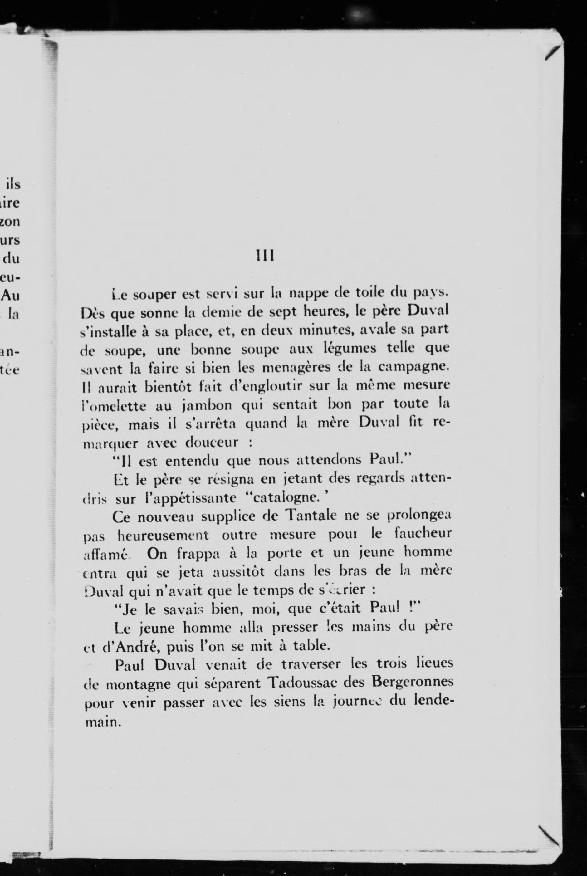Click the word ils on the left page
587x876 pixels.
pyautogui.click(x=13, y=184)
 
